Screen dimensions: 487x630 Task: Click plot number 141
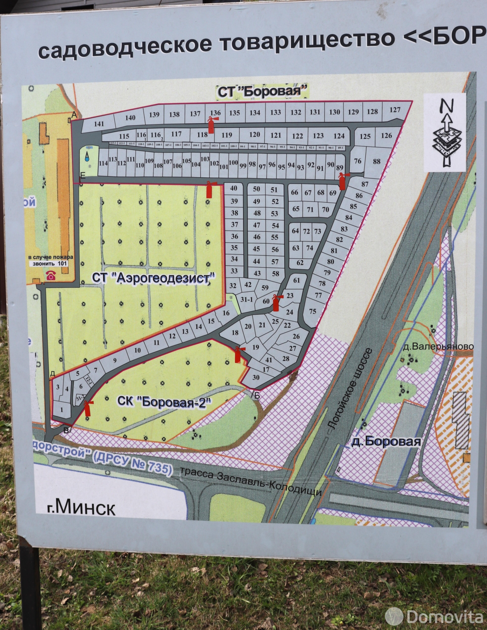(99, 124)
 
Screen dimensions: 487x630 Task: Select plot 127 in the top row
(394, 110)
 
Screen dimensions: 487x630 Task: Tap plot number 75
(313, 311)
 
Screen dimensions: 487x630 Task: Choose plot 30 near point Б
(256, 377)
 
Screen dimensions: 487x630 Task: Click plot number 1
(61, 409)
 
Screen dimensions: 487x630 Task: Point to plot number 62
(300, 263)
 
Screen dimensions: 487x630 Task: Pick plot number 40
(234, 188)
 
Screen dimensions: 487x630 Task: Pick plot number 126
(386, 135)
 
